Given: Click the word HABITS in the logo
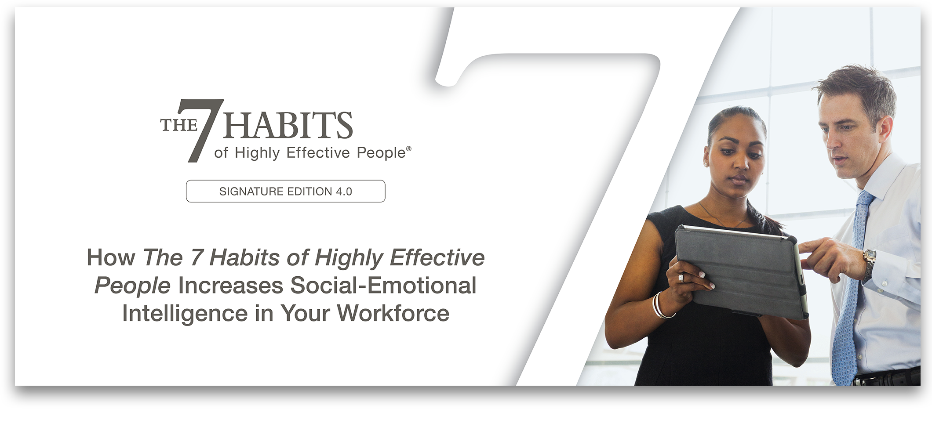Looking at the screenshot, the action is coord(288,125).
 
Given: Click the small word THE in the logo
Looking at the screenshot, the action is coord(178,125).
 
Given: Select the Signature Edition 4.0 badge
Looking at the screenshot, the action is coord(286,191).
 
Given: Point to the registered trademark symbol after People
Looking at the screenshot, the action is coord(409,148).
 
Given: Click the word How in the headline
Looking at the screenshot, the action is coord(111,257).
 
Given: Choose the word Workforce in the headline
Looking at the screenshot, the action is coord(393,314).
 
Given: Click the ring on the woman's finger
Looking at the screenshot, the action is coord(681,278).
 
